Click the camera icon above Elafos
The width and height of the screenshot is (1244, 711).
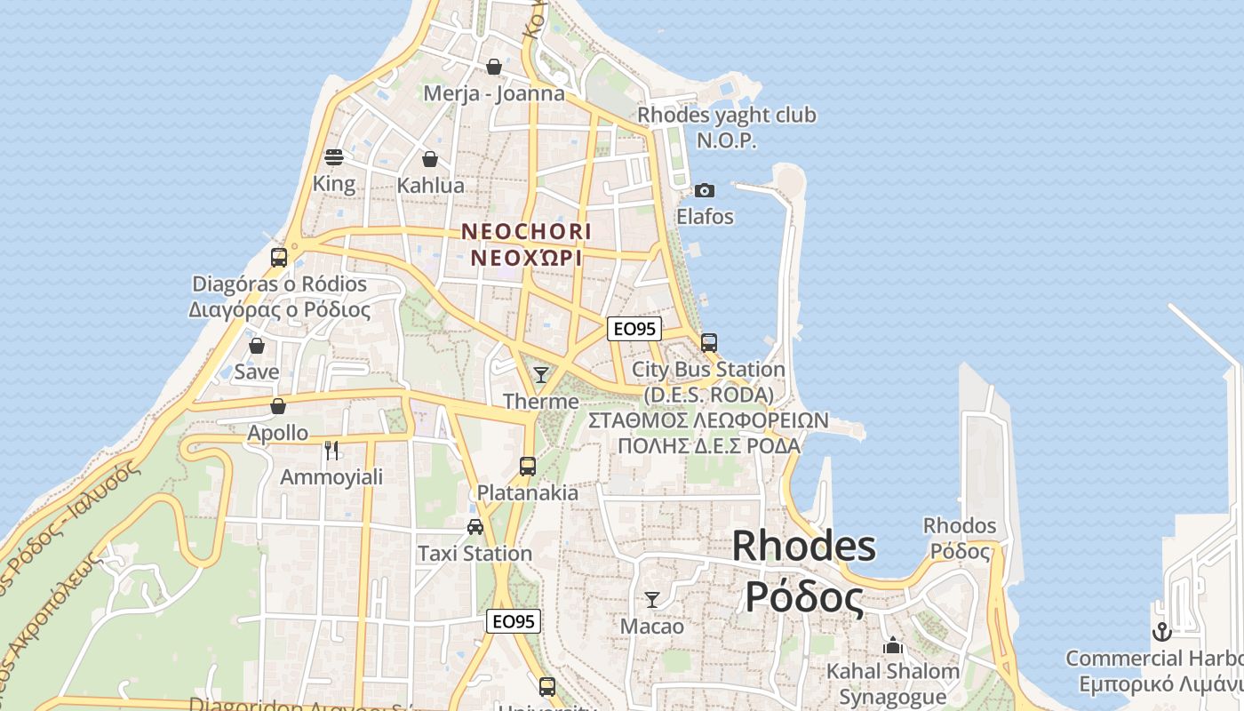705,190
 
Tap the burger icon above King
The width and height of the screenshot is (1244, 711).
334,157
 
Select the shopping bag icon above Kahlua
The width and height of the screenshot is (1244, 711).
430,159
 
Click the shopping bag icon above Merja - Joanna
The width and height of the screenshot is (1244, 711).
494,67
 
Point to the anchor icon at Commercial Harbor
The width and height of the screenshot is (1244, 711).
1161,632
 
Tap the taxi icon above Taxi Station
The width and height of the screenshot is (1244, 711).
475,526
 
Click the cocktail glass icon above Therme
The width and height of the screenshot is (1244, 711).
540,374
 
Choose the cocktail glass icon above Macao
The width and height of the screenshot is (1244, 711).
652,600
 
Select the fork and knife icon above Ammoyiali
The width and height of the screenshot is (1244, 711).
331,451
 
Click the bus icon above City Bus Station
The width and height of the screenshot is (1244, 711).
708,342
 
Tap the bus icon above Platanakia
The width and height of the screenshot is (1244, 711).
527,466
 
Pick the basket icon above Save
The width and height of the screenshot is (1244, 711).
257,345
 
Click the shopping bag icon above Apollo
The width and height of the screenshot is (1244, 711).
278,406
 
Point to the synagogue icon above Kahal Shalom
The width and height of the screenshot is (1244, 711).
893,644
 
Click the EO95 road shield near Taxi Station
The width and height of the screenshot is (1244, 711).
514,621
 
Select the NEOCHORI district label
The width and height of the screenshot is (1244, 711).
526,231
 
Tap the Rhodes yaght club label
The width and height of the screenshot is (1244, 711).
727,116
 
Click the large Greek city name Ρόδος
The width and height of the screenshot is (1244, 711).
803,596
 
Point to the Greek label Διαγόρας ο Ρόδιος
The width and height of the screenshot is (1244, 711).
279,309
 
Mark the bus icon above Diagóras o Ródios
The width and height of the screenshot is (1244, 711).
279,258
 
